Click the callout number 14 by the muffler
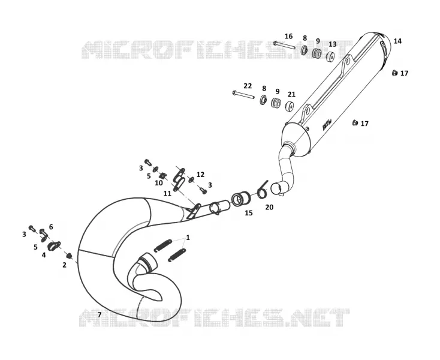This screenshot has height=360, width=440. click(x=397, y=41)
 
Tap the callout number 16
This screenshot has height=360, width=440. click(x=288, y=36)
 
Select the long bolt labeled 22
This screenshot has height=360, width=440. click(x=243, y=95)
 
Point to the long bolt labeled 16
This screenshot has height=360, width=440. click(x=284, y=45)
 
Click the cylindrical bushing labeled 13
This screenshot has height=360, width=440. click(x=330, y=57)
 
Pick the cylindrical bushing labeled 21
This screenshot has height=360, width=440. click(x=290, y=106)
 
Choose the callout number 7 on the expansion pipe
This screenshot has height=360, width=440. click(x=100, y=314)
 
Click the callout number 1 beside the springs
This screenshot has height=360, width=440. click(x=188, y=238)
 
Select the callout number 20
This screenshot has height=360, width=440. click(x=269, y=207)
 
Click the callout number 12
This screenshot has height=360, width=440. click(x=200, y=175)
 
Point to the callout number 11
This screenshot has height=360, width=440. click(x=167, y=194)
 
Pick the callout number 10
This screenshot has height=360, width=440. click(x=159, y=183)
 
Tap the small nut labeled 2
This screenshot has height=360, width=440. click(x=68, y=256)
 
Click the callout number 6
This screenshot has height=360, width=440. click(x=51, y=227)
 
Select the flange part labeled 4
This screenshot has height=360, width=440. click(x=54, y=246)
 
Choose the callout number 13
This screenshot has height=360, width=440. click(x=332, y=44)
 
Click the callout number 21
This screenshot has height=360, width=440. click(x=291, y=94)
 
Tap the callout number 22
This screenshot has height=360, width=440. click(x=248, y=86)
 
